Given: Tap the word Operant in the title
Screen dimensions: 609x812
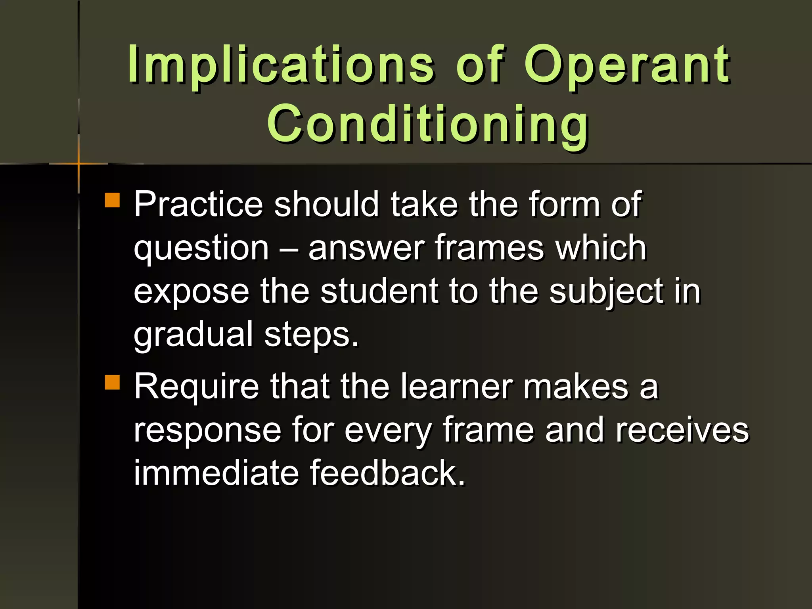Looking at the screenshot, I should (626, 65).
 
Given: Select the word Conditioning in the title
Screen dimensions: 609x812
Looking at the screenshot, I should (428, 124).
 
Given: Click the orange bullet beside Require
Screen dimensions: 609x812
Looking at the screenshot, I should (113, 383).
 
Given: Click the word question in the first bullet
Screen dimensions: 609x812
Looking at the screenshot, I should (201, 249).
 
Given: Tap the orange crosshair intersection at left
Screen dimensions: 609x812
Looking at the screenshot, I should (79, 163).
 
